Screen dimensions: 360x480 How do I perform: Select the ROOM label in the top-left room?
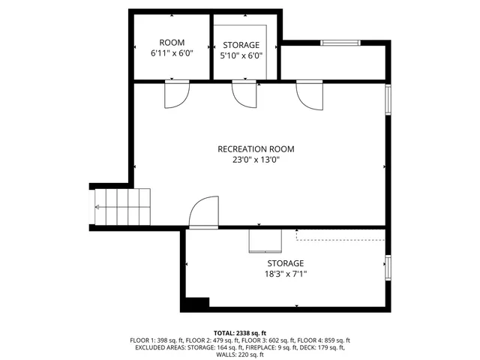tap(172, 43)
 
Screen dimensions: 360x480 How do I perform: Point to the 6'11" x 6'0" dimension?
tap(172, 55)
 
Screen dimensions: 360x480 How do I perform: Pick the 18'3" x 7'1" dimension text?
tap(286, 274)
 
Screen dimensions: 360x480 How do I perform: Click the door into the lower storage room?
tap(204, 212)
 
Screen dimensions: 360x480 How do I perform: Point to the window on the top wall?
tap(337, 43)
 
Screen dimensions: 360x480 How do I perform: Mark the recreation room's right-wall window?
tap(388, 100)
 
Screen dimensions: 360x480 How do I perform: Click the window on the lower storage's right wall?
tap(388, 266)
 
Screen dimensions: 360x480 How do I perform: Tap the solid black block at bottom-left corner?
tap(197, 304)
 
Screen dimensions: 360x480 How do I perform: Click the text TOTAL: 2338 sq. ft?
tap(240, 332)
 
